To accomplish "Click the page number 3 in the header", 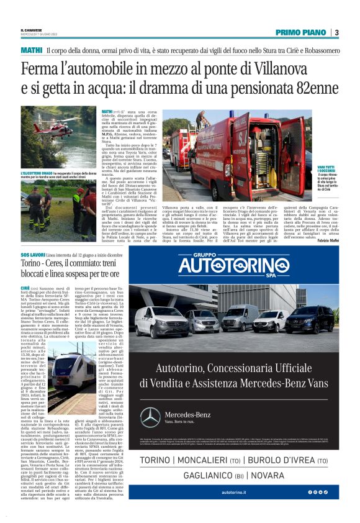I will (x=336, y=33).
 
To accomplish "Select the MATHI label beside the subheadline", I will (x=30, y=50).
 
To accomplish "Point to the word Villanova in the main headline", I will (x=295, y=68).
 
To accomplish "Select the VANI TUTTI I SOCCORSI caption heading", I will (x=327, y=169).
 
